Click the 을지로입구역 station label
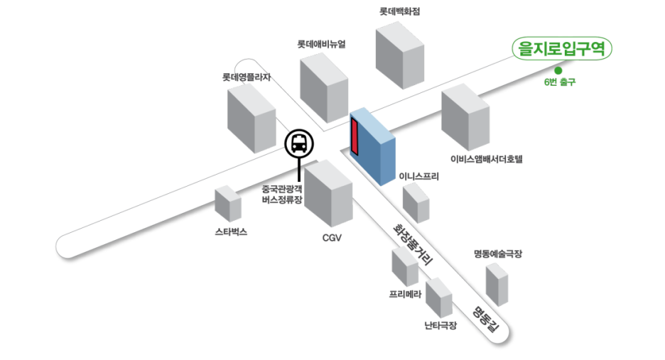tap(561, 48)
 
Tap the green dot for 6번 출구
tap(558, 70)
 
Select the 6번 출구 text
tap(559, 83)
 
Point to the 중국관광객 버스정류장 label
tap(282, 195)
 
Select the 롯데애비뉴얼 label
tap(322, 44)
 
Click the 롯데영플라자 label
tap(247, 77)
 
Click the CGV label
tap(332, 238)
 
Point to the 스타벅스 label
tap(231, 232)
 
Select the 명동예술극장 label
tap(498, 253)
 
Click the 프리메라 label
tap(406, 294)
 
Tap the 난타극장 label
tap(440, 325)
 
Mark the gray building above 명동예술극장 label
tap(497, 284)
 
